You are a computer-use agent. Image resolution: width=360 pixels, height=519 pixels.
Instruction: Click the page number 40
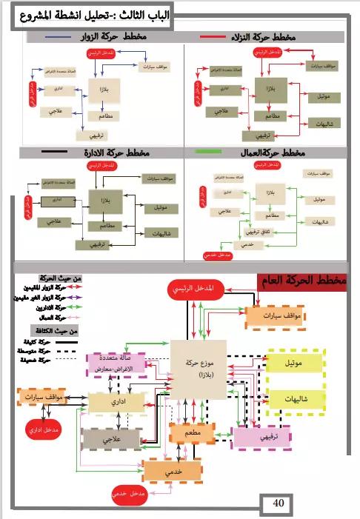click(279, 504)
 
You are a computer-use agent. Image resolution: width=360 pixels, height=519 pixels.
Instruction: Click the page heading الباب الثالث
click(91, 16)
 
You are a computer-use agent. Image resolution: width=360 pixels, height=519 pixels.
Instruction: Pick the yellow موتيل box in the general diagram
click(294, 363)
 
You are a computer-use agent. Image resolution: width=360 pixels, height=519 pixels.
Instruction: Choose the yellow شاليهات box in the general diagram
click(294, 399)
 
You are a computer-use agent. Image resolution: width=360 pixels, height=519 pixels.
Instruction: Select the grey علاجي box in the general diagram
click(111, 439)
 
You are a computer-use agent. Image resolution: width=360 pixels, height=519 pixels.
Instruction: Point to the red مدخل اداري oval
click(44, 429)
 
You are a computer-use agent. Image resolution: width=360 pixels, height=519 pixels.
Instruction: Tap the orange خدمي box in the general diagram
click(172, 470)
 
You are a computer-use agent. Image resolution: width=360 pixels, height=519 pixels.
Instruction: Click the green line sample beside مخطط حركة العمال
click(211, 151)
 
